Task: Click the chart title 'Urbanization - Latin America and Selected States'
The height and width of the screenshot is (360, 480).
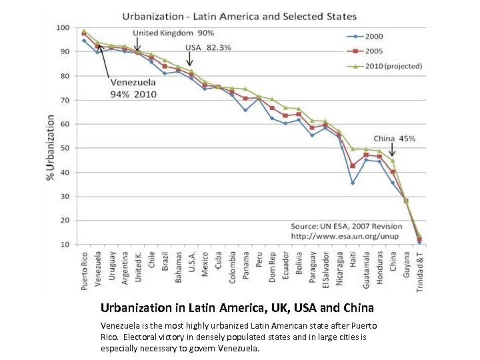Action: point(239,16)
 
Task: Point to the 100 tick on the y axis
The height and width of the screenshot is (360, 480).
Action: point(63,28)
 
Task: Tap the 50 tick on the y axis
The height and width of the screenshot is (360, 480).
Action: point(65,148)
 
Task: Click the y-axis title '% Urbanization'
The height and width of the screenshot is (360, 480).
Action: point(51,147)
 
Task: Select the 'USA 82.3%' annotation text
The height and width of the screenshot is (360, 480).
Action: point(207,48)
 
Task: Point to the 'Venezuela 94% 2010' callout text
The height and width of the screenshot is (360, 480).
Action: point(133,88)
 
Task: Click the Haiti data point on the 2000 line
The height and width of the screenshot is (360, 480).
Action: point(353,183)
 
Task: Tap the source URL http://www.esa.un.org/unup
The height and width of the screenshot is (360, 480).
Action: point(339,236)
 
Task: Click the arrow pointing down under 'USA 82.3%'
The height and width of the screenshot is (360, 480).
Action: point(190,62)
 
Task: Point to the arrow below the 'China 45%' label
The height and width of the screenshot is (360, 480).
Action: point(393,151)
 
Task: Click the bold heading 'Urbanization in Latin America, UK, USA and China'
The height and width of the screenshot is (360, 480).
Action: point(237,308)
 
